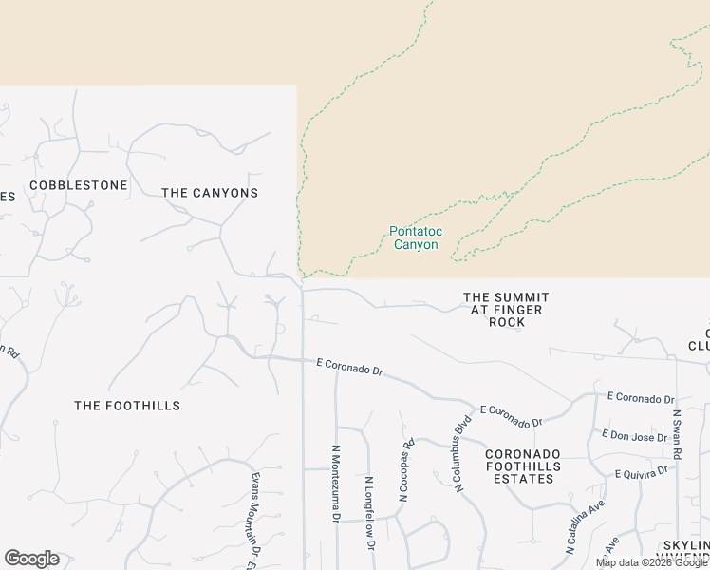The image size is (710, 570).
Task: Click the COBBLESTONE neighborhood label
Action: coord(79,185)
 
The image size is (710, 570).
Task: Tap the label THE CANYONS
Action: coord(210,193)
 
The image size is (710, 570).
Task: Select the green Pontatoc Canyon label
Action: coord(415,237)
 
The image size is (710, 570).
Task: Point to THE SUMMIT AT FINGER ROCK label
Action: coord(506,310)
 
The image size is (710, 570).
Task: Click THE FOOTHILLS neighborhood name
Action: coord(127,406)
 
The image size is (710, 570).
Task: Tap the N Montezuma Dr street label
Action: coord(336,484)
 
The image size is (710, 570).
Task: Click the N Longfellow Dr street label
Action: coord(369,513)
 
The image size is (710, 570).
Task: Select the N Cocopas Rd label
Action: coord(406,469)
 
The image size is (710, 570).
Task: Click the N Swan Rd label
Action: coord(678,435)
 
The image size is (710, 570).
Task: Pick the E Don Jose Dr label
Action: coord(636,435)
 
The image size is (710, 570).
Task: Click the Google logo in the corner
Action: coord(31,559)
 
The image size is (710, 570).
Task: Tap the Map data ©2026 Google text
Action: coord(651,562)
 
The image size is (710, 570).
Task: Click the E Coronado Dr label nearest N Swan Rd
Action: coord(640,399)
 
